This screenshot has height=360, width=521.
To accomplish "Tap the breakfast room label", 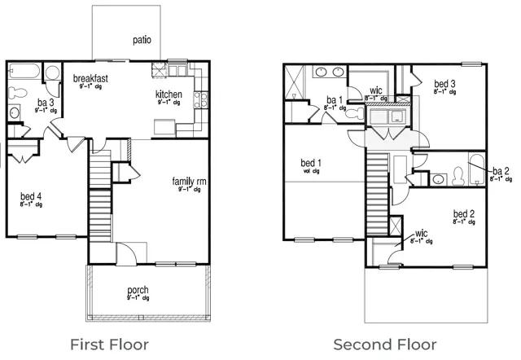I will [x=90, y=78].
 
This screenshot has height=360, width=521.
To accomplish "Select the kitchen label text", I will [x=169, y=95].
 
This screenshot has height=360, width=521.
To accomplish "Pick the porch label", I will [x=138, y=290].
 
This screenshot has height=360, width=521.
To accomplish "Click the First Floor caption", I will [x=109, y=344].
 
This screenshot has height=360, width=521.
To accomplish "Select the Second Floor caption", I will [x=384, y=344].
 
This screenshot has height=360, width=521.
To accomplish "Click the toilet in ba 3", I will [x=53, y=73].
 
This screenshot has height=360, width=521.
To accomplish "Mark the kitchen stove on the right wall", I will [x=200, y=100].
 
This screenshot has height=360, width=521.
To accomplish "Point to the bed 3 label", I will [x=444, y=83].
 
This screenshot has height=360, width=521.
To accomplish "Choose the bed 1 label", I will [x=309, y=163].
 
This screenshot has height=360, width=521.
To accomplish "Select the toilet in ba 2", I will [x=458, y=174].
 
